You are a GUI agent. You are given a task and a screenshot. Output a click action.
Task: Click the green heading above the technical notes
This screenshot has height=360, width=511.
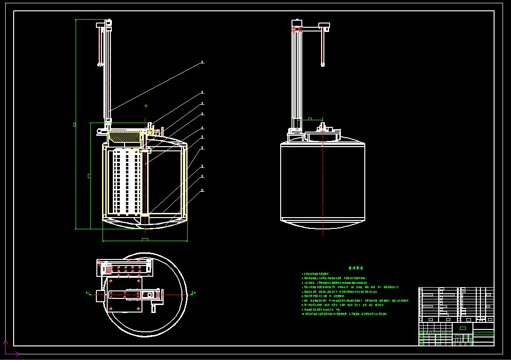point(355,268)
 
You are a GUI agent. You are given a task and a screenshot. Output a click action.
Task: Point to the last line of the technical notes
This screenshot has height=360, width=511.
point(346,313)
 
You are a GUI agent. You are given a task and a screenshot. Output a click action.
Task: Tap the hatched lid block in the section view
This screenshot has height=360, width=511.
point(125,137)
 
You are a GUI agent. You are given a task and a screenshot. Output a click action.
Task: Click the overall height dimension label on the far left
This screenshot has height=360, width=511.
point(75,124)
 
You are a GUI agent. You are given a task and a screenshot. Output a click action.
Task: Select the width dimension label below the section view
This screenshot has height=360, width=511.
point(145,240)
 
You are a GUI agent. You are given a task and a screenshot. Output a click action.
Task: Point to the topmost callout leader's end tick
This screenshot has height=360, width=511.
point(202,62)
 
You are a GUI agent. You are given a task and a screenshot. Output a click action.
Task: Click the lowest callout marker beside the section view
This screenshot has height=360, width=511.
point(202,190)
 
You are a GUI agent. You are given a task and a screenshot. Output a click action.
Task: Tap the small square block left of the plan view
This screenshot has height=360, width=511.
point(101,296)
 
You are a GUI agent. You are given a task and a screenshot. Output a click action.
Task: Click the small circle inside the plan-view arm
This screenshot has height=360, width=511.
point(150,295)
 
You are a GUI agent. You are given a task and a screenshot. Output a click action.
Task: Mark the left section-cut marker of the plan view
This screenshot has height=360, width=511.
point(87,293)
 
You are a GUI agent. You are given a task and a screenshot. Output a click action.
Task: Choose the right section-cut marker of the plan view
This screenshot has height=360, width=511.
point(193,293)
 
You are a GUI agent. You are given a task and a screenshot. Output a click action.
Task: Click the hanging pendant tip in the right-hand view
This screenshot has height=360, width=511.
point(323,64)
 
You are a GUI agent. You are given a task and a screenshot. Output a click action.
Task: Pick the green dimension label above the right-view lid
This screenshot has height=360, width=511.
point(310,118)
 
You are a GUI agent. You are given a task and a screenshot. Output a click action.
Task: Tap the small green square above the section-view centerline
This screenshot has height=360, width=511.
point(146,106)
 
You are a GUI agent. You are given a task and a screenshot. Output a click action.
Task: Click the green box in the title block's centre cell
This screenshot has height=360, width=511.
point(463,328)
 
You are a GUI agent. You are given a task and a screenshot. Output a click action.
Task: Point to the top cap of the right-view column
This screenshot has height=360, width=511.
point(297,22)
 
